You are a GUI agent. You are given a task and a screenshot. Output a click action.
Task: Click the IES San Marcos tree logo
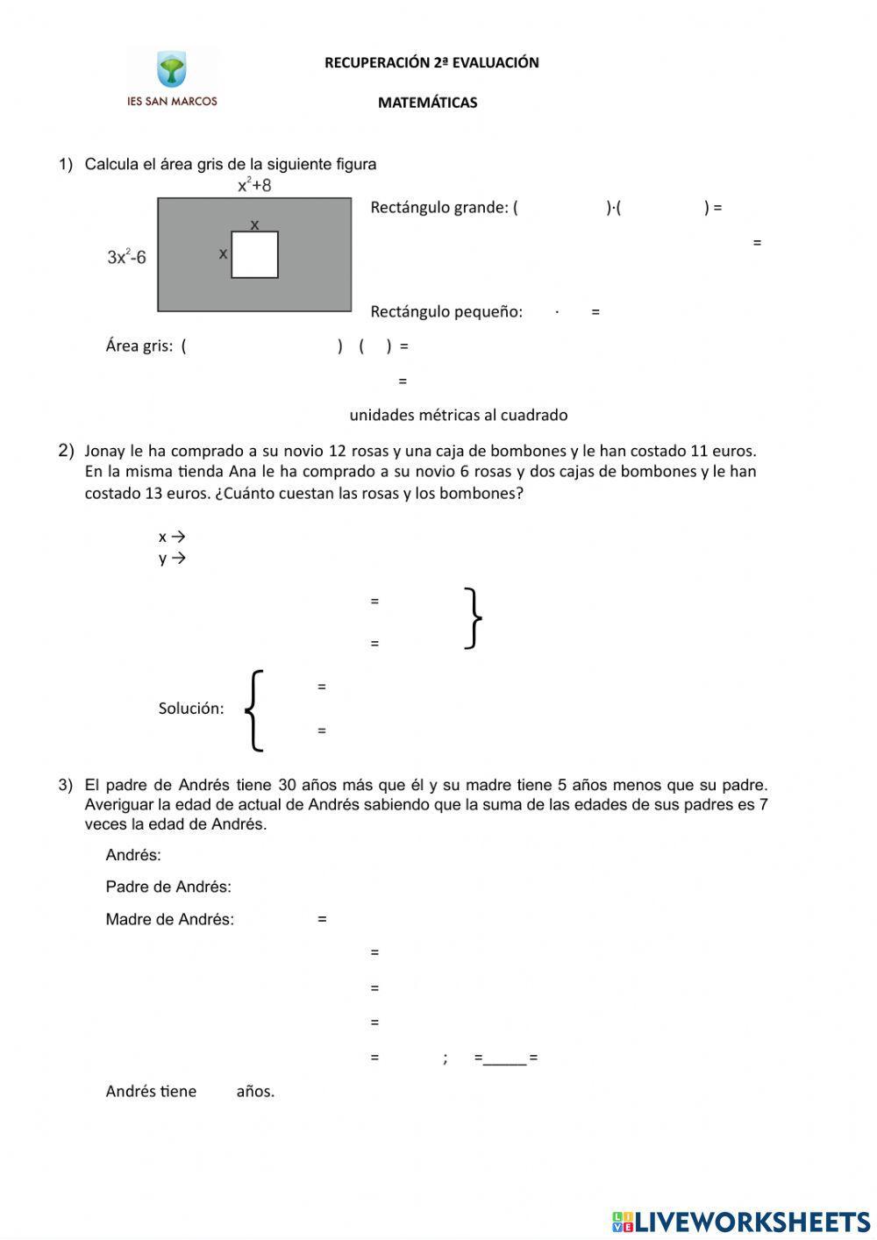172,70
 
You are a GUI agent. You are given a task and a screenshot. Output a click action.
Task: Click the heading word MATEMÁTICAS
427,103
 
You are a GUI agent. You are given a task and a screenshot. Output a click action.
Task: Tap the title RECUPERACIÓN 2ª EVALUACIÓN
431,62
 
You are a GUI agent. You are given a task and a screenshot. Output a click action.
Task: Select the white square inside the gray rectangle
254,255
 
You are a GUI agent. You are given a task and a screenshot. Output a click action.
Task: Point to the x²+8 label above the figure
254,185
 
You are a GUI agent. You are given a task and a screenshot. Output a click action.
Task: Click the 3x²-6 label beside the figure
126,257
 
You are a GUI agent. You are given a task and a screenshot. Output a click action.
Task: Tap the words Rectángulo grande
438,208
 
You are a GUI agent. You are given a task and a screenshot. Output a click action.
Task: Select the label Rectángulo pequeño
446,312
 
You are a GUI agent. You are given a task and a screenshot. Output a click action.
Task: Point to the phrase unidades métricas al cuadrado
458,415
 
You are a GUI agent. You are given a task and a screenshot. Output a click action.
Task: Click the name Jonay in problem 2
105,452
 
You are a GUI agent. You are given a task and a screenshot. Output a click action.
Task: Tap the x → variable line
172,537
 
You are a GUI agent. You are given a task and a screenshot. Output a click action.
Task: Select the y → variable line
172,559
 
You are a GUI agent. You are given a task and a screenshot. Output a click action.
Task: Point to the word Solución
190,709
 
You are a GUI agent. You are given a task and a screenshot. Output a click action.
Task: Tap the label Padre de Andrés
168,887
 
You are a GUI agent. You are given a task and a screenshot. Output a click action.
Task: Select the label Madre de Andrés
169,920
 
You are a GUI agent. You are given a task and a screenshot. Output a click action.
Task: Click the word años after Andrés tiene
255,1092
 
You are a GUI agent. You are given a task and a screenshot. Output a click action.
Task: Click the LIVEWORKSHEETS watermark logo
741,1222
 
